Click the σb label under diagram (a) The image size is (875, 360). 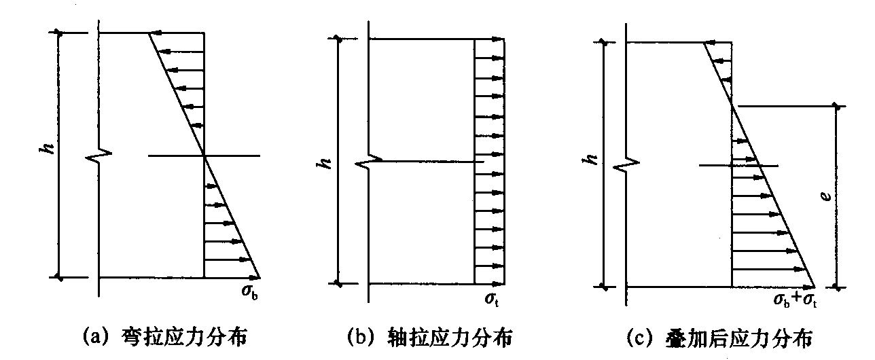249,291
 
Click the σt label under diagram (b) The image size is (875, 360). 492,299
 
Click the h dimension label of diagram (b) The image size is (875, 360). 325,163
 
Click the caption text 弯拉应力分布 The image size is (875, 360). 184,338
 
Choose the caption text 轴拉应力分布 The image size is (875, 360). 449,338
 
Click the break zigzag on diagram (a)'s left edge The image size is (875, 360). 99,155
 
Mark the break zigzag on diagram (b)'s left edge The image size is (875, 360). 368,160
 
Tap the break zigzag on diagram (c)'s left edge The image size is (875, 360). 626,164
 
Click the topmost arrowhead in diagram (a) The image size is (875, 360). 155,33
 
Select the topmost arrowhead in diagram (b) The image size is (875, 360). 498,39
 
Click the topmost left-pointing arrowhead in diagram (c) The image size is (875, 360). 711,43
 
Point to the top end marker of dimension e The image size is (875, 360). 836,106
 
